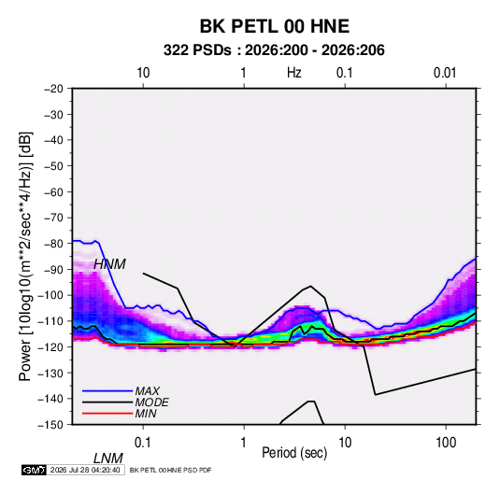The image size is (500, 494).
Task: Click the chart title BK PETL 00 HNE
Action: [x=274, y=26]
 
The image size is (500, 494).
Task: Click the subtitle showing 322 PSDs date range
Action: [x=274, y=50]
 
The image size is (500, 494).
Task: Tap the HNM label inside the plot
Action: [x=109, y=264]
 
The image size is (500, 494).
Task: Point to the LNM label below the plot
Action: [x=107, y=459]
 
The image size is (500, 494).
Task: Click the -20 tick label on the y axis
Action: [x=53, y=89]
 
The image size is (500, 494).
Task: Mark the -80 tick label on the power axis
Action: [x=53, y=244]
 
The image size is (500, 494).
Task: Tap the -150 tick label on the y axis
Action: [x=50, y=425]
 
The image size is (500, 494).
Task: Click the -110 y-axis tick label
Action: [x=50, y=321]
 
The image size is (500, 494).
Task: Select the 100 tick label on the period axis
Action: [x=446, y=443]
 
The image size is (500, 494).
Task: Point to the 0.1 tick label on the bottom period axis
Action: [x=143, y=443]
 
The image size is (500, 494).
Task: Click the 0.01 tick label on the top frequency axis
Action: [x=445, y=73]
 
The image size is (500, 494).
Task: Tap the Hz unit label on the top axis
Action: [x=294, y=73]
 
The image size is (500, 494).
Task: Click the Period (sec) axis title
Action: [x=294, y=453]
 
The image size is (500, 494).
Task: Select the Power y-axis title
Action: [x=25, y=257]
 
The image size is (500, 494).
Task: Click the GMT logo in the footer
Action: [x=35, y=470]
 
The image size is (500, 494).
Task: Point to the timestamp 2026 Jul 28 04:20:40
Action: [x=85, y=470]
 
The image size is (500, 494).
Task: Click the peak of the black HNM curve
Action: [x=310, y=286]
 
